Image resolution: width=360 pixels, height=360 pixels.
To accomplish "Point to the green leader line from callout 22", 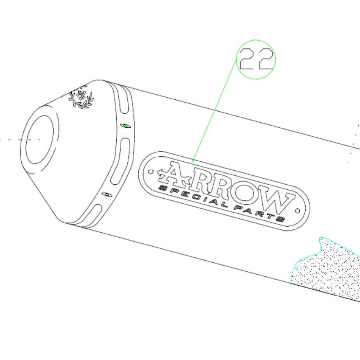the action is point(215,110).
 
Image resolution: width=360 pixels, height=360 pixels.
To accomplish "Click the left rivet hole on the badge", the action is point(151,172).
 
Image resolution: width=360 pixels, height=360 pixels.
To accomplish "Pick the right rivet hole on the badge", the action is point(297,211).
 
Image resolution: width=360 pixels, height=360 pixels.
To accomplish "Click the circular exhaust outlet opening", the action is point(39,140).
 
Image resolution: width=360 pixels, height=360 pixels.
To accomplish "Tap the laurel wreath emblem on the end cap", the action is point(82,98).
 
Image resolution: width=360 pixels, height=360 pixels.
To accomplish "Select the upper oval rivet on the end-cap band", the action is point(126,126).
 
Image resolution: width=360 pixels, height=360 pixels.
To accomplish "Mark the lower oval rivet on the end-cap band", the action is point(107,194).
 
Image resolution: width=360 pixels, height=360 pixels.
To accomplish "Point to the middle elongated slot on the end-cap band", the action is point(121,161).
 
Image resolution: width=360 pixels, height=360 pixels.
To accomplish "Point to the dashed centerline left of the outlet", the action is point(21,140).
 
